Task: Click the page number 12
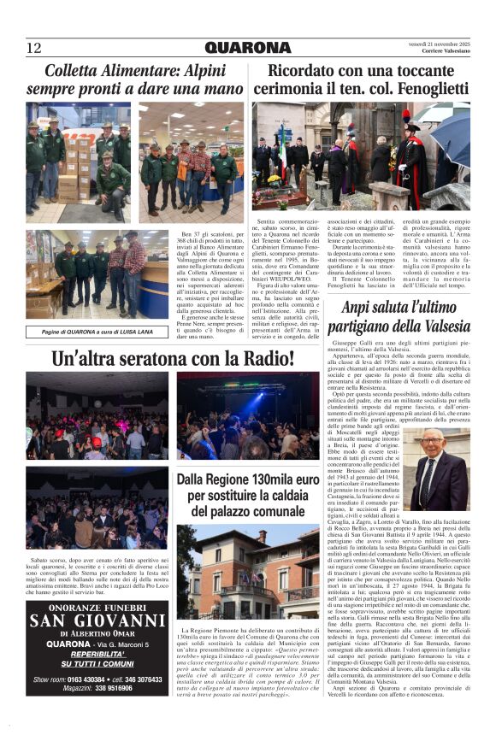tap(34, 48)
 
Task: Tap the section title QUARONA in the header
tap(248, 48)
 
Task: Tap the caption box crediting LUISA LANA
tap(96, 332)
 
